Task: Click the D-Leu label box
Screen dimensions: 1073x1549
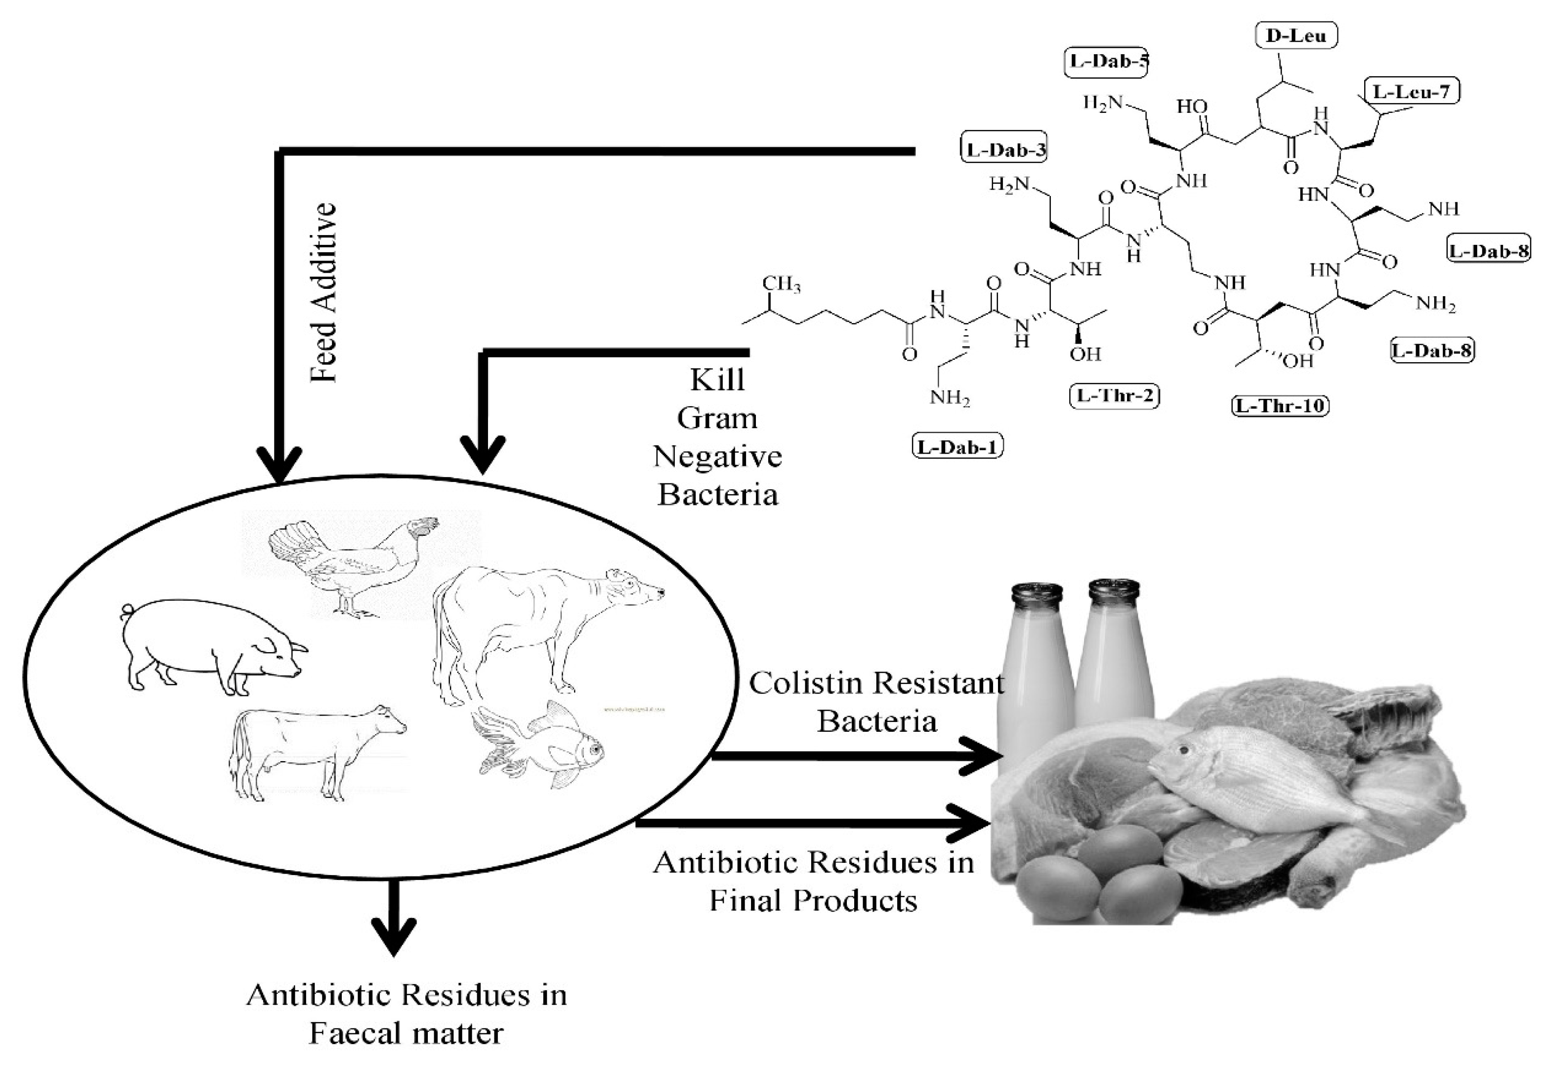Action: pos(1296,36)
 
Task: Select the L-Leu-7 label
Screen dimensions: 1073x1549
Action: pos(1411,91)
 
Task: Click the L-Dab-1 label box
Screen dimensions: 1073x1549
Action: pos(957,446)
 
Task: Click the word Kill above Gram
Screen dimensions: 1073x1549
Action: pos(717,380)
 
